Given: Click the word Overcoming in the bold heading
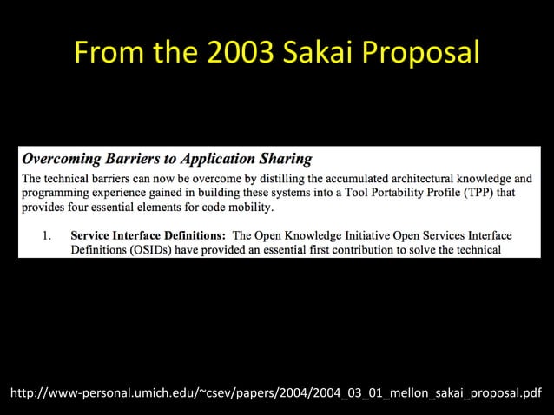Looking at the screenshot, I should point(58,159).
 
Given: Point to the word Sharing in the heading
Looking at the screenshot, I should point(285,159).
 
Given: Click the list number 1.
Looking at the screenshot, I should point(49,235).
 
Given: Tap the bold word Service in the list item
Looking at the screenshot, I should point(91,235).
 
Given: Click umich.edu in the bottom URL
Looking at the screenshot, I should point(166,395).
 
